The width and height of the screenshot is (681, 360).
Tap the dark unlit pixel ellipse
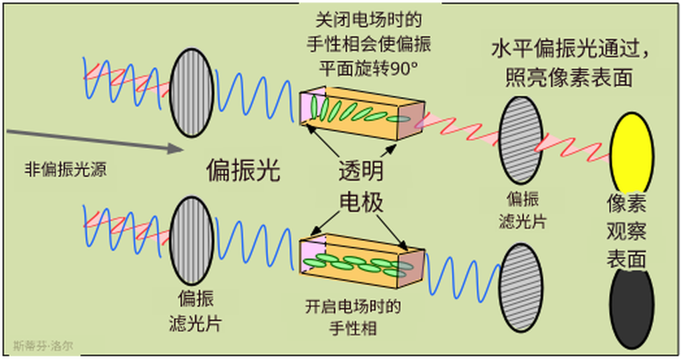pos(631,307)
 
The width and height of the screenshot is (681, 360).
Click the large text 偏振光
pos(243,171)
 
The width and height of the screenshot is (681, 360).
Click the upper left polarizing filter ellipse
pos(192,92)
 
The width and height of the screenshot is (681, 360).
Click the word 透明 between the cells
pos(361,172)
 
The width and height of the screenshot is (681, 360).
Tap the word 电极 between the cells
pos(361,202)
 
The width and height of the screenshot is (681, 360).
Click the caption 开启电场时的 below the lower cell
pos(352,307)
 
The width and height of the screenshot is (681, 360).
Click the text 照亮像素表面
pos(569,77)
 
